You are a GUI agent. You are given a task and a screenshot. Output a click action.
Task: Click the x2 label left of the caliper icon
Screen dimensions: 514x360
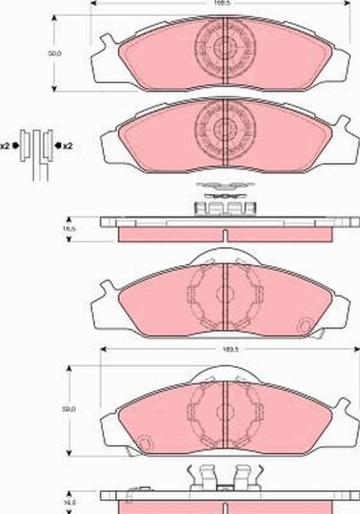7,145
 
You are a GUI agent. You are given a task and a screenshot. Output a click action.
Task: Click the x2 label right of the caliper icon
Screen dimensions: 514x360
67,145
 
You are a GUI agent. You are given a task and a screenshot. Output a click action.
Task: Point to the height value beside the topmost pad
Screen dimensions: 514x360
55,53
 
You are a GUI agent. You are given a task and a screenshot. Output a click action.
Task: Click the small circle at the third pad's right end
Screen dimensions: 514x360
304,327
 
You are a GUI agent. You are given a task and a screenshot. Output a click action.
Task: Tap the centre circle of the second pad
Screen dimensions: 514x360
224,128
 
